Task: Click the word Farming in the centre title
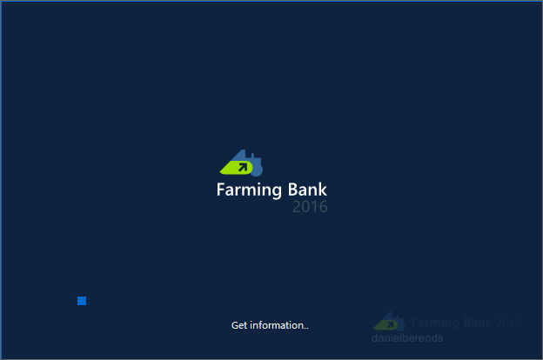[x=250, y=190]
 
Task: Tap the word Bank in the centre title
[x=307, y=190]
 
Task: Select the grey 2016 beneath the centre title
[x=310, y=207]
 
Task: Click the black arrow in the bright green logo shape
[x=243, y=168]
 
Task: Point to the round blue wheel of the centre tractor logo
[x=257, y=170]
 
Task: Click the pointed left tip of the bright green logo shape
[x=221, y=172]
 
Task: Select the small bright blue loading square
[x=82, y=301]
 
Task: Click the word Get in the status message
[x=239, y=325]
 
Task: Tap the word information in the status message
[x=277, y=325]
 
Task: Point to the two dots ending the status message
[x=306, y=328]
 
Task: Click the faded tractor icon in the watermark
[x=389, y=322]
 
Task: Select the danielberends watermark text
[x=407, y=338]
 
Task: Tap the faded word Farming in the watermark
[x=436, y=323]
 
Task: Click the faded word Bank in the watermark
[x=478, y=323]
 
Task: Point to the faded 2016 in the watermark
[x=508, y=323]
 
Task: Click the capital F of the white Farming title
[x=221, y=190]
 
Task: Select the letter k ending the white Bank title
[x=323, y=190]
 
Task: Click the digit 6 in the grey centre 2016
[x=323, y=207]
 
